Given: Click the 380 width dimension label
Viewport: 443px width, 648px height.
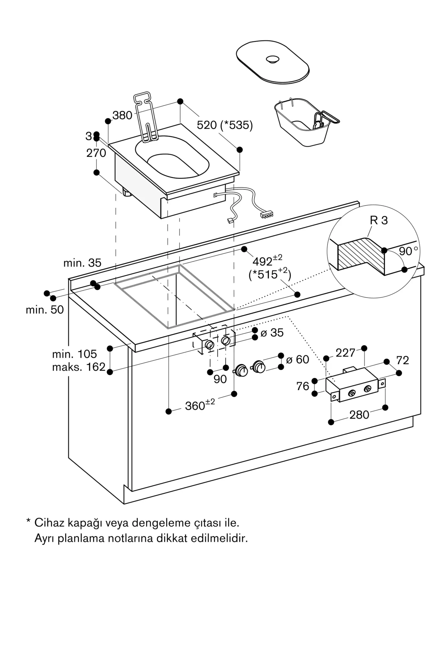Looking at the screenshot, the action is (x=122, y=115).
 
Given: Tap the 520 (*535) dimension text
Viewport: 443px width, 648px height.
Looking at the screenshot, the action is (x=225, y=125).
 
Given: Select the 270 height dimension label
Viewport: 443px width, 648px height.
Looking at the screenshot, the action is (x=96, y=153).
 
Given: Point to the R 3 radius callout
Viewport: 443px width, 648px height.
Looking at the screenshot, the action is (x=379, y=220).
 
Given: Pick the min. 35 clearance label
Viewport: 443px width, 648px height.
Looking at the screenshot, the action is (x=82, y=263).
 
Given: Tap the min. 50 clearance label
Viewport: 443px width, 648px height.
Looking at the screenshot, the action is (x=45, y=310).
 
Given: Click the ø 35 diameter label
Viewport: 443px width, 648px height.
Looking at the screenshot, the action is (x=272, y=333).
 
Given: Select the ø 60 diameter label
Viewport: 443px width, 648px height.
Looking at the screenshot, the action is (x=298, y=359).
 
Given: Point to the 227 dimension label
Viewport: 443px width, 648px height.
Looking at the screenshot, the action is (x=346, y=353).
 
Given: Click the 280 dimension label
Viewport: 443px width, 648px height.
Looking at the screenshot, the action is (x=359, y=415).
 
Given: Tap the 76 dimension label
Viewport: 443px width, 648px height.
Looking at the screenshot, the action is (x=303, y=386).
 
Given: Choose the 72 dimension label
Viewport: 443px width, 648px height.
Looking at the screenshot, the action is (x=403, y=360).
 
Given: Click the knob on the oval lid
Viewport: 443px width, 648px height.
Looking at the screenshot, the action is (x=273, y=59).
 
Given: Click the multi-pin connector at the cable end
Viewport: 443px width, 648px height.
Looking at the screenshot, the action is (x=267, y=214).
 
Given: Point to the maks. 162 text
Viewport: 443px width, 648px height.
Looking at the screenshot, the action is (x=79, y=367).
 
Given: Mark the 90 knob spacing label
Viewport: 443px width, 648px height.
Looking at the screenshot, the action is (x=220, y=379).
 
